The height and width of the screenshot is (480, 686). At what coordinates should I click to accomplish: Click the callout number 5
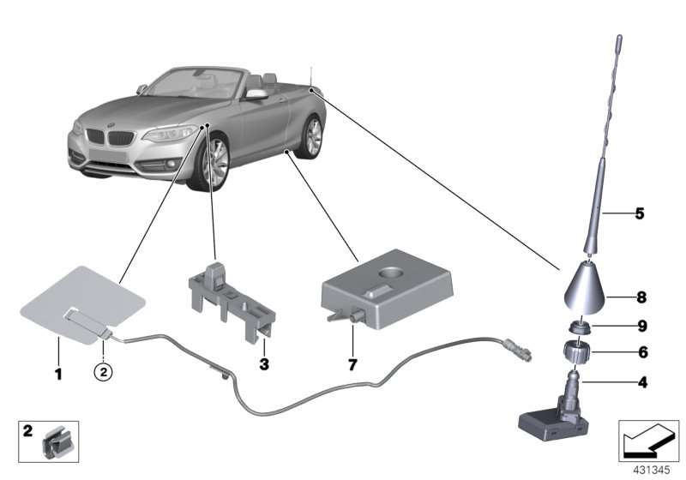639,213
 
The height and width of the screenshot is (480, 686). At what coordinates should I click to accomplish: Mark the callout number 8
640,298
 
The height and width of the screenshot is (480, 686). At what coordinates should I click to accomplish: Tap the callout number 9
640,326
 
